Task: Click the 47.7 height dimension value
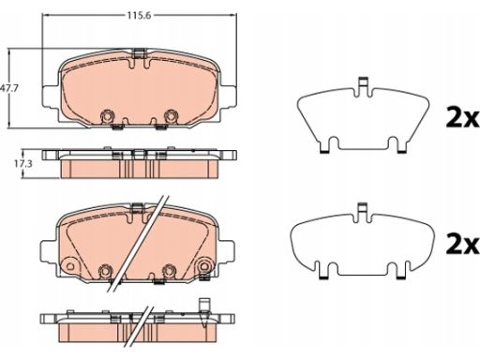pyautogui.click(x=8, y=88)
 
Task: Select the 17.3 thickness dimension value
pyautogui.click(x=22, y=164)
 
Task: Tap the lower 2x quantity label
pyautogui.click(x=463, y=244)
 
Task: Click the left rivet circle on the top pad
pyautogui.click(x=107, y=116)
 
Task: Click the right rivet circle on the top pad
pyautogui.click(x=171, y=116)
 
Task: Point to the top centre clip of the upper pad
pyautogui.click(x=139, y=53)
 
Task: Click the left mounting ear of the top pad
pyautogui.click(x=50, y=97)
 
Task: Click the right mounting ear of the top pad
pyautogui.click(x=228, y=97)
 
